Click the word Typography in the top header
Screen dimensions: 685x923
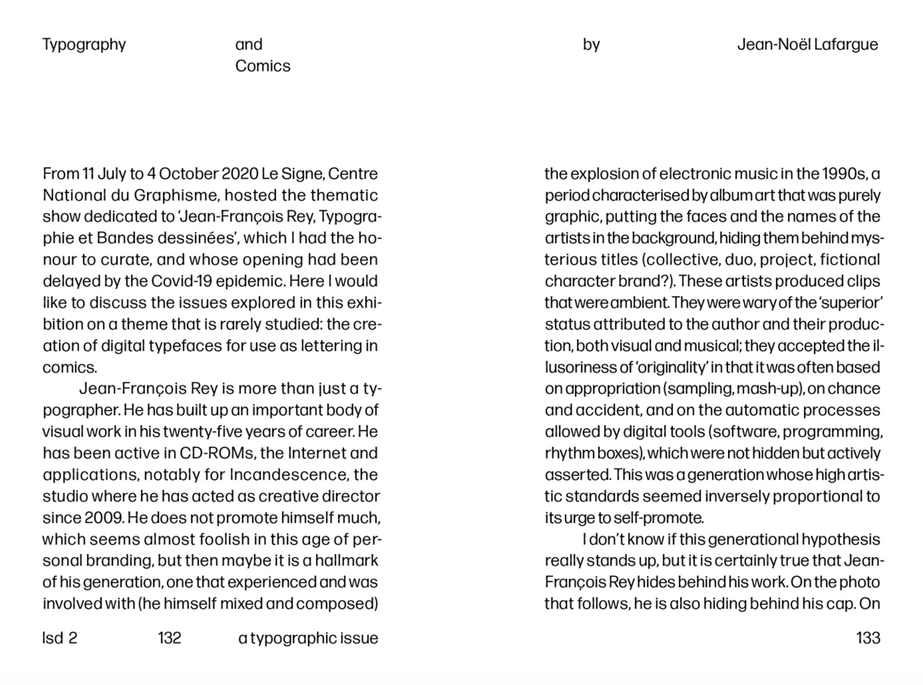click(84, 45)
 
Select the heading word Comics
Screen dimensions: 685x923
click(263, 66)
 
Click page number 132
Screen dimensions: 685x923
click(169, 638)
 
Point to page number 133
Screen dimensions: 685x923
click(868, 638)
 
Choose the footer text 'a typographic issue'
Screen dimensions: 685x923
click(308, 638)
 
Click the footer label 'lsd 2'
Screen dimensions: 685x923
click(60, 638)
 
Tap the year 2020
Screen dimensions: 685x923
click(240, 174)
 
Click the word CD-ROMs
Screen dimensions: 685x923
click(216, 453)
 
